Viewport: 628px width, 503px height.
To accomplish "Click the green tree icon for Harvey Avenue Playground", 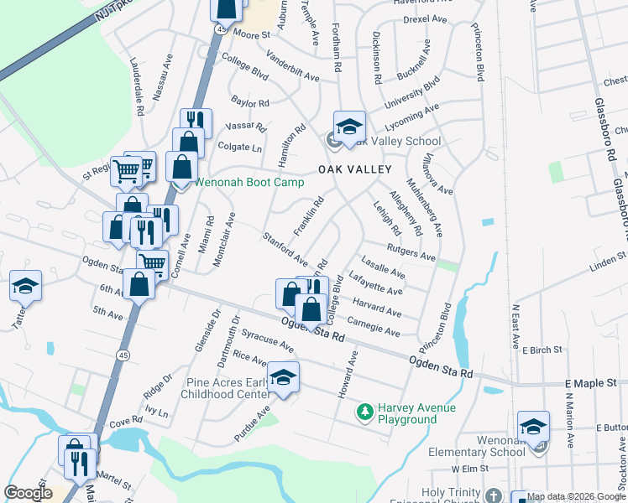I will coord(365,412).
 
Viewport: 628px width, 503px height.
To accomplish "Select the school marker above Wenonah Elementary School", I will coord(534,427).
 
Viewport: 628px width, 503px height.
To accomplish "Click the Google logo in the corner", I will coord(29,492).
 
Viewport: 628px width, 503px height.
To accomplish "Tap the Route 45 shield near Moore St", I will coord(219,29).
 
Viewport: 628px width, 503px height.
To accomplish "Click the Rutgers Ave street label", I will coord(411,251).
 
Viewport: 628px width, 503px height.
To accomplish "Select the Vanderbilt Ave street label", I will coord(293,67).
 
